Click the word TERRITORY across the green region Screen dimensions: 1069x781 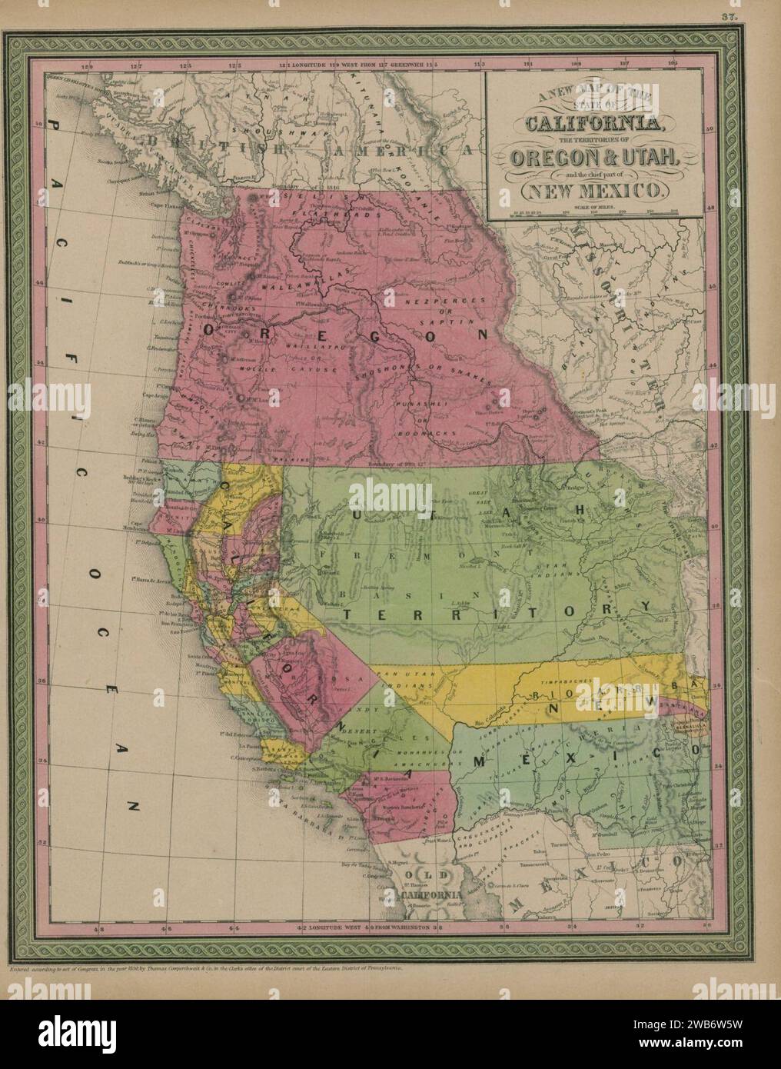click(491, 610)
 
